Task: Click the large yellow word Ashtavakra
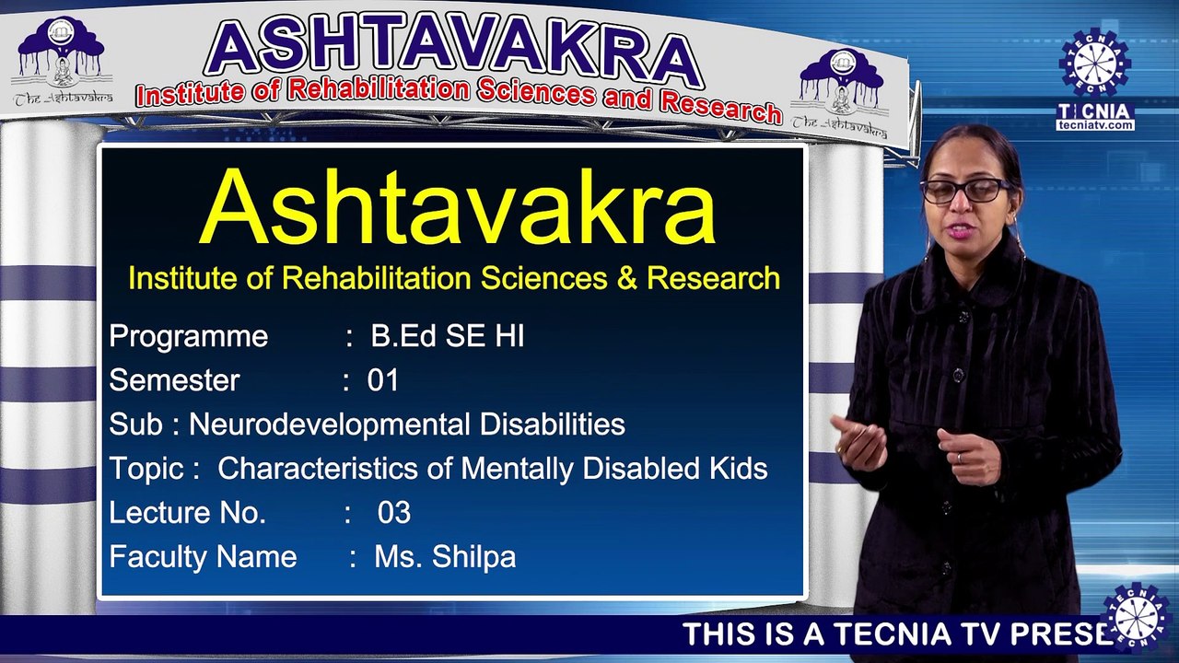[458, 207]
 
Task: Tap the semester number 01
[382, 380]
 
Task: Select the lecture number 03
[393, 513]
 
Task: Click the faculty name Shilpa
[473, 558]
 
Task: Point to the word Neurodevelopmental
[329, 425]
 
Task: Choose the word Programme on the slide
[189, 337]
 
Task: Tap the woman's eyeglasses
[964, 191]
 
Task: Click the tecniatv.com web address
[1095, 125]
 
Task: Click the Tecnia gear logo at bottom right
[1138, 618]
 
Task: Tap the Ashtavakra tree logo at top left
[62, 59]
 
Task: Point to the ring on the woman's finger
[960, 458]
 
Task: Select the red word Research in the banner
[720, 108]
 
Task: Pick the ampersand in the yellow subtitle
[626, 278]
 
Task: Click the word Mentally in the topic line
[517, 469]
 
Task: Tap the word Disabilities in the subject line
[552, 425]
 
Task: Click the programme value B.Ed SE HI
[448, 336]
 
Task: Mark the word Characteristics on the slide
[318, 468]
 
